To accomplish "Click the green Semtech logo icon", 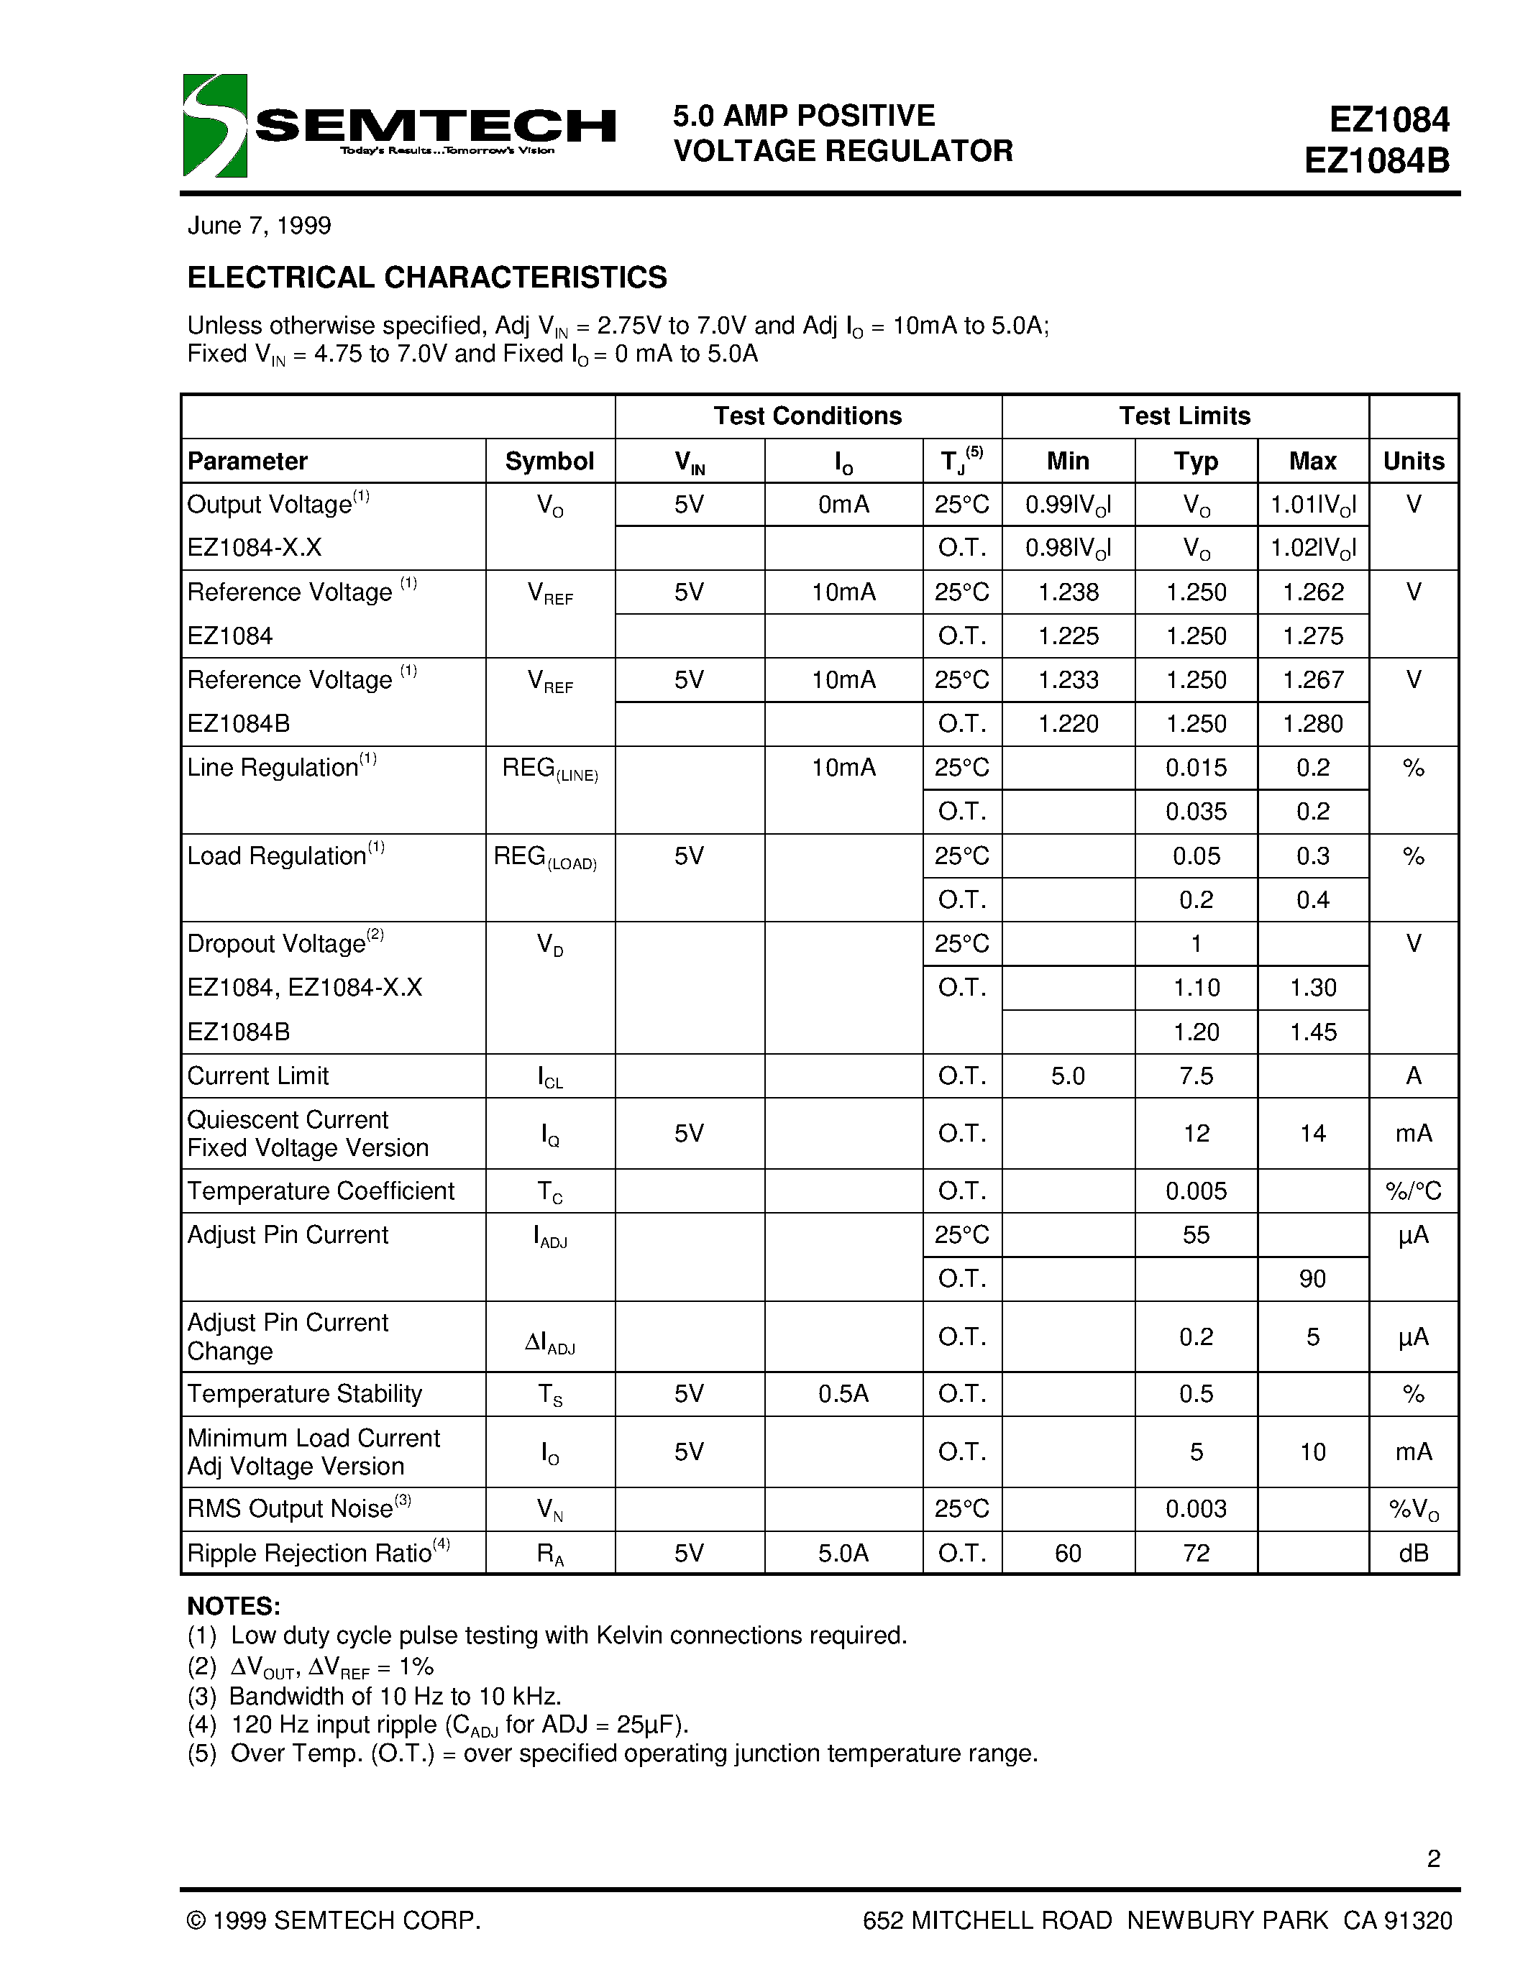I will pyautogui.click(x=214, y=125).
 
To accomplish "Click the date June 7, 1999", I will pyautogui.click(x=259, y=226).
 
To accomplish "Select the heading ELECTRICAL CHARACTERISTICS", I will pyautogui.click(x=426, y=277).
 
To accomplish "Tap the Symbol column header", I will pyautogui.click(x=549, y=461).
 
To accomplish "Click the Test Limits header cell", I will pyautogui.click(x=1184, y=416).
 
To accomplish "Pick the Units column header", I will pyautogui.click(x=1413, y=461).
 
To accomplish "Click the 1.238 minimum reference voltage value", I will pyautogui.click(x=1068, y=592).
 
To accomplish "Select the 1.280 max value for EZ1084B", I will pyautogui.click(x=1312, y=723).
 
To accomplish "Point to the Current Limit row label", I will pyautogui.click(x=258, y=1075).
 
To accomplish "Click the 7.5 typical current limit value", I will pyautogui.click(x=1196, y=1075).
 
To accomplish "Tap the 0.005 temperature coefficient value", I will pyautogui.click(x=1196, y=1191).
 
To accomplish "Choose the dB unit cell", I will pyautogui.click(x=1413, y=1552).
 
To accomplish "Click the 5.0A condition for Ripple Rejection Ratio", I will pyautogui.click(x=843, y=1552).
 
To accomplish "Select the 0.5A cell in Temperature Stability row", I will pyautogui.click(x=843, y=1393).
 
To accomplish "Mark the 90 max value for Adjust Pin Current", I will pyautogui.click(x=1312, y=1278).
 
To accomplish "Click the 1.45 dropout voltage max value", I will pyautogui.click(x=1312, y=1032).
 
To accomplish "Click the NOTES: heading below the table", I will pyautogui.click(x=234, y=1606).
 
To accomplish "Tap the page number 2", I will pyautogui.click(x=1433, y=1858).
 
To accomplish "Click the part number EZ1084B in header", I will pyautogui.click(x=1377, y=160).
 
